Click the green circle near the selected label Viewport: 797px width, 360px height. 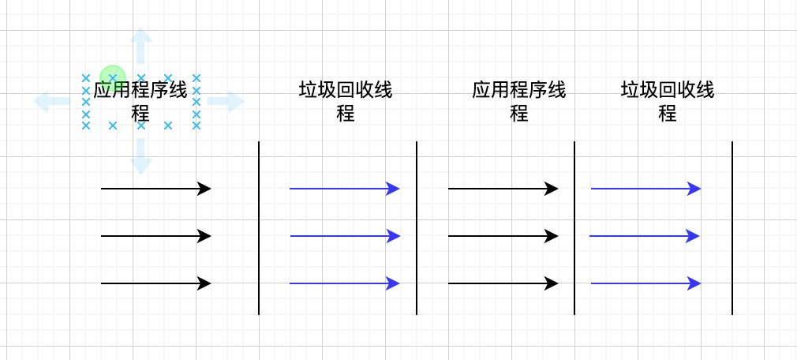coord(113,77)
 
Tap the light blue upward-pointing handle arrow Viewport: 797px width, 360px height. coord(141,44)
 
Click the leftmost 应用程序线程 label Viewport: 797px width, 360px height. coord(141,101)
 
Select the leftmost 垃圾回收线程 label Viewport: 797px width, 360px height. coord(346,101)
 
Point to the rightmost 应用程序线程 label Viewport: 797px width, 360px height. coord(518,101)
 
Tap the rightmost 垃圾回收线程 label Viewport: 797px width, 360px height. coord(668,101)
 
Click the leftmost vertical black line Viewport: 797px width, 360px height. coord(259,227)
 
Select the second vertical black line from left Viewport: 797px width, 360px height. coord(417,227)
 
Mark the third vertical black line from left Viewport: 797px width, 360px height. coord(574,227)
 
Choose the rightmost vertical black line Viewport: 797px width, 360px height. coord(732,227)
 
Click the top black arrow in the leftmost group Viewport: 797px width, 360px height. coord(156,189)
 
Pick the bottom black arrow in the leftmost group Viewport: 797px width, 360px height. coord(156,283)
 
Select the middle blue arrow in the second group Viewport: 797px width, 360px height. coord(345,236)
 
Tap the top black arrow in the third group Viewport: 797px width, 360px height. coord(503,189)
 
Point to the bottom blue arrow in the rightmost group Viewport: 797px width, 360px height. coord(645,283)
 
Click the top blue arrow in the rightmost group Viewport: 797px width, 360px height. coord(645,189)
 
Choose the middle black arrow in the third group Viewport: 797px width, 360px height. coord(503,236)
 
